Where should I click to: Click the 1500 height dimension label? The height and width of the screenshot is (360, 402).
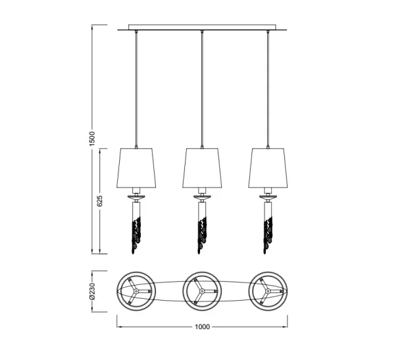coord(92,139)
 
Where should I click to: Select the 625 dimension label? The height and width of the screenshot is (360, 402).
coord(100,201)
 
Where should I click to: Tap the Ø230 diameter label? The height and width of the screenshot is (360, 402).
coord(92,292)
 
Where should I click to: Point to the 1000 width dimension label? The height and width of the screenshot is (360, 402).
coord(202,326)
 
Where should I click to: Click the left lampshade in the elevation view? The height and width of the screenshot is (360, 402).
coord(136,168)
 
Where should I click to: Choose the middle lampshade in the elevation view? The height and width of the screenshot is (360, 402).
coord(202,168)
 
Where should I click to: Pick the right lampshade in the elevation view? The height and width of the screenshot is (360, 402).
coord(268,168)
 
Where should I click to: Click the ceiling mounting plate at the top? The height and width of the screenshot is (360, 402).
coord(202,28)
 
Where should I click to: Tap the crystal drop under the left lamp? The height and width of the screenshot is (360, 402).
coord(136,235)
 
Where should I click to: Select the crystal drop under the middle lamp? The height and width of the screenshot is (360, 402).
coord(202,235)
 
